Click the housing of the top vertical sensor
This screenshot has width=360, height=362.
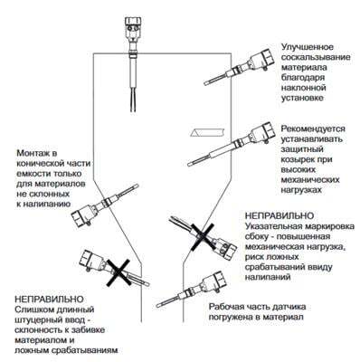133,29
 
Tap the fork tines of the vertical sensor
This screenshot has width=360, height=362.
133,100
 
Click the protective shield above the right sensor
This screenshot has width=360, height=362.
208,132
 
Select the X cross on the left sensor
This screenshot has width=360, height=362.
118,272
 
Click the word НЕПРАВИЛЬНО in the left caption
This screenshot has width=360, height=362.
49,300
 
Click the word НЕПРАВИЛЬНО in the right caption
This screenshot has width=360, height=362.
279,216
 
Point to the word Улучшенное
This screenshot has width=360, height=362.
308,47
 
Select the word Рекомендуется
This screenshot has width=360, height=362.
313,129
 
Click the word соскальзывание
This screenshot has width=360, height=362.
316,57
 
